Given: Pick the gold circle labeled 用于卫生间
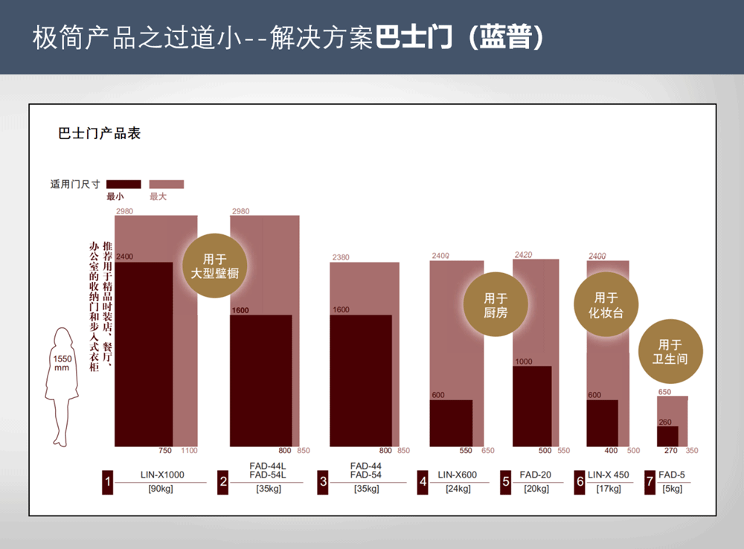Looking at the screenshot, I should click(670, 352).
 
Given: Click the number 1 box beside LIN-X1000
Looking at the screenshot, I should click(108, 482).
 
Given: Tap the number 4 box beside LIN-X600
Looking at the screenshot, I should click(423, 482).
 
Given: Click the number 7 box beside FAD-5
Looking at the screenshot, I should click(650, 482).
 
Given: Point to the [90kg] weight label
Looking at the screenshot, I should click(161, 489).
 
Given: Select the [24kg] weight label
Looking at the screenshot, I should click(458, 489).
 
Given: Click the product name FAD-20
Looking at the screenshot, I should click(535, 475).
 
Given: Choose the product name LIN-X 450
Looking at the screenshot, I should click(608, 475).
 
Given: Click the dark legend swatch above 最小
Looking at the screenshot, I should click(124, 184).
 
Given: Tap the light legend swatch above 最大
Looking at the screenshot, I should click(167, 184).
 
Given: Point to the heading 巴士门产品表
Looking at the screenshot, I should click(100, 134).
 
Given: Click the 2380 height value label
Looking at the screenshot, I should click(340, 257).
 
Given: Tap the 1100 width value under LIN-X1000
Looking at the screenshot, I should click(189, 451).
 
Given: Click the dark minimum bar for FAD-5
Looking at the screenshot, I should click(667, 436).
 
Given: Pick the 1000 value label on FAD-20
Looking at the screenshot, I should click(524, 362).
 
